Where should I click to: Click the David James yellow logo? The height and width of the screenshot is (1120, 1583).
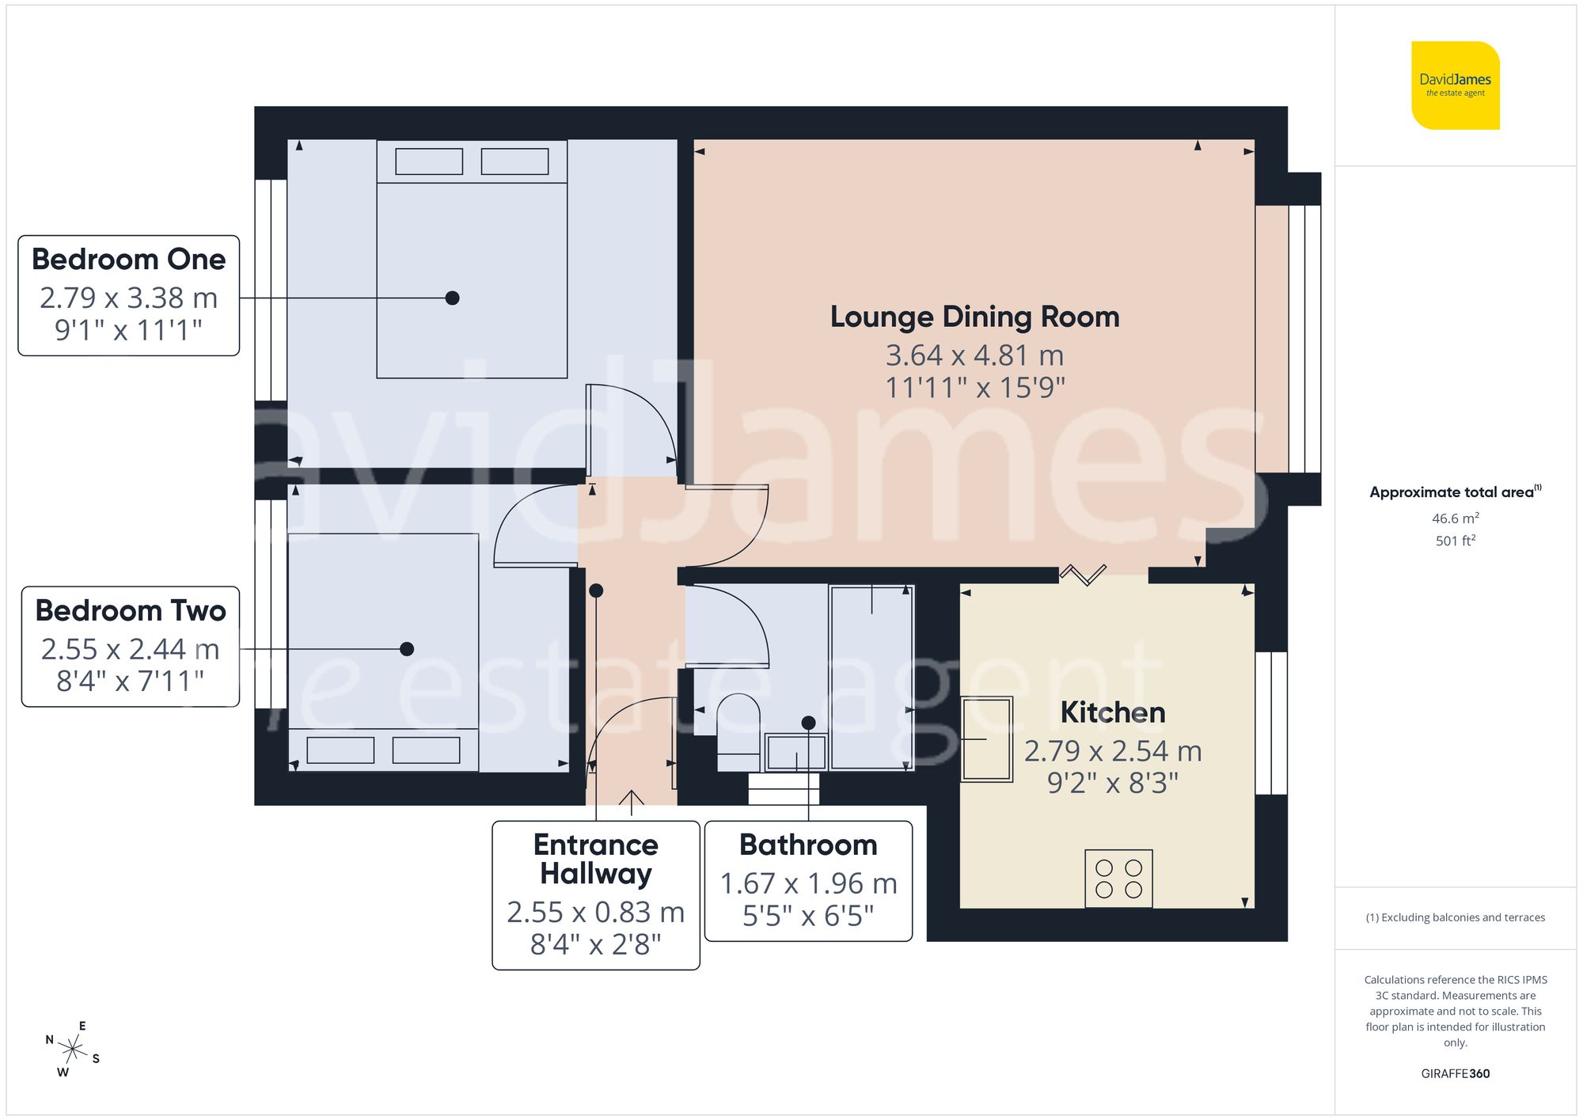point(1455,85)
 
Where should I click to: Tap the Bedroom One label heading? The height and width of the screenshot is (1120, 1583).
point(129,260)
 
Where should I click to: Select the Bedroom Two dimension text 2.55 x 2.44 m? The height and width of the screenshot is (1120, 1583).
point(130,649)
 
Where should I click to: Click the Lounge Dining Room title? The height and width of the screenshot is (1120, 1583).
point(974,317)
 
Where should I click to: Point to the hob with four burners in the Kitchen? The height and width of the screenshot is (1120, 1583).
point(1118,879)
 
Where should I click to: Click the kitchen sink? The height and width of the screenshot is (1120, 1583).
point(987,739)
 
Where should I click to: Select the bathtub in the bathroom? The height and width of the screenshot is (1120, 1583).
point(871,677)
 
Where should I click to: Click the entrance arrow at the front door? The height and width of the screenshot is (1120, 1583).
point(631,801)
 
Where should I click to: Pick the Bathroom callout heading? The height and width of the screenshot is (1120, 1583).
point(808,845)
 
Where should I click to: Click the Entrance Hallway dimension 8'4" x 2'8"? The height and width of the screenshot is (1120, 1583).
point(595,944)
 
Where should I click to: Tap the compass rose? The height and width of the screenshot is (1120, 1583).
point(72,1050)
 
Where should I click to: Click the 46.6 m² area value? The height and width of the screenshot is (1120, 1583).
point(1455,518)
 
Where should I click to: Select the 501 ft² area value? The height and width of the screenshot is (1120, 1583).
point(1455,541)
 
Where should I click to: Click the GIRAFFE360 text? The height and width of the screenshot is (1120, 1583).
point(1455,1073)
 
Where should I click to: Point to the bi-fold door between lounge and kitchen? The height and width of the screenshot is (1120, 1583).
point(1083,574)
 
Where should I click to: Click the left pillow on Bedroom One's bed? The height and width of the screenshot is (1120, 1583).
point(429,161)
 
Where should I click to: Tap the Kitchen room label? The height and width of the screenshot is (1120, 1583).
point(1112,712)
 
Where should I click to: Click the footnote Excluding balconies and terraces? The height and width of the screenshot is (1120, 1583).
point(1455,917)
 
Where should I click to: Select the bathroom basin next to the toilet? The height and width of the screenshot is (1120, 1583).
point(796,753)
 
